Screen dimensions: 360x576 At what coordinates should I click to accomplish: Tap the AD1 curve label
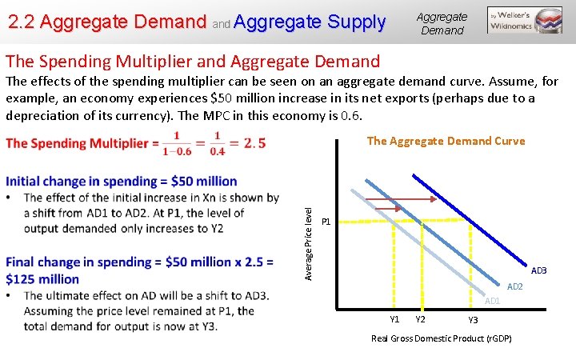492,301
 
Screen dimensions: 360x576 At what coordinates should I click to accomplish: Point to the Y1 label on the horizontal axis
394,319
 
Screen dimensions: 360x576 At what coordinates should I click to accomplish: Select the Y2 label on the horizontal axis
420,319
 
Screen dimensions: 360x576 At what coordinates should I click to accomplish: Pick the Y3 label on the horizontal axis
473,320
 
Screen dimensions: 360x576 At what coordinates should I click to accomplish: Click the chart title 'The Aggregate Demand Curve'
446,141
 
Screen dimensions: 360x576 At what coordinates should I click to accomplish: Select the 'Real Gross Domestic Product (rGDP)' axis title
442,338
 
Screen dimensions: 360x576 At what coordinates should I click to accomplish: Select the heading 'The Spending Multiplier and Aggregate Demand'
193,61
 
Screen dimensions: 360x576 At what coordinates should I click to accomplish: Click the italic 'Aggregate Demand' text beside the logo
442,23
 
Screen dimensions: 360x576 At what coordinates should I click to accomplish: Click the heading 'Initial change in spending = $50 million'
122,181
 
